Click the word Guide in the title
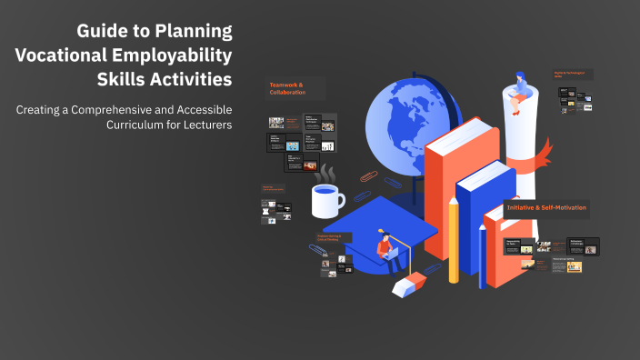[101, 31]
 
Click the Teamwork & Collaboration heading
[286, 88]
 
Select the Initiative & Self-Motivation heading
[547, 208]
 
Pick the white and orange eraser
[407, 285]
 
